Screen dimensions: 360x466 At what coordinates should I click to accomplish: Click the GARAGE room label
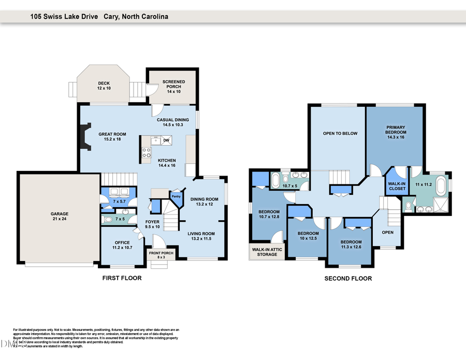coord(59,217)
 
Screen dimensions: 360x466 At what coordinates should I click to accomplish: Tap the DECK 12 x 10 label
coord(104,85)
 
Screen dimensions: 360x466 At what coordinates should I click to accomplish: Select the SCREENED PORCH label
coord(173,84)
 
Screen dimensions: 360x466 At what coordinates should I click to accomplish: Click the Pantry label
coord(177,196)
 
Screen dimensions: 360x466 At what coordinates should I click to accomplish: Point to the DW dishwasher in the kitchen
coord(166,140)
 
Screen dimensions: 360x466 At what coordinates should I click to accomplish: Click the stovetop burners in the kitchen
coord(147,153)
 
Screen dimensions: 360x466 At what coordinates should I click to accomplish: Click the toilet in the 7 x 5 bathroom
coord(107,219)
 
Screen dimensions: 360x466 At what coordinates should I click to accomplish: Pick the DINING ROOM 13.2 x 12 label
coord(205,201)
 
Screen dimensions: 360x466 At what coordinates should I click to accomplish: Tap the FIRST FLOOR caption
coord(121,278)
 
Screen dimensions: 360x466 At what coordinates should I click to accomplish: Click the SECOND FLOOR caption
coord(348,279)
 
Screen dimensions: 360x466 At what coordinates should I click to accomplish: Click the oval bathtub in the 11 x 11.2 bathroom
coord(441,185)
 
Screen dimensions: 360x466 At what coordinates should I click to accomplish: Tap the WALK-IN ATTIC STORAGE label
coord(267,251)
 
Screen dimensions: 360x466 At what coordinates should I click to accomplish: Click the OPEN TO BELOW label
coord(340,133)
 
